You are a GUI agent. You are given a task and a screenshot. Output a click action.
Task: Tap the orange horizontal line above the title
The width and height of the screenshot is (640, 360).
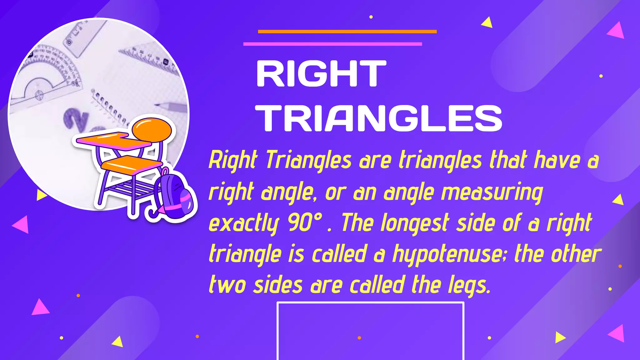(x=347, y=32)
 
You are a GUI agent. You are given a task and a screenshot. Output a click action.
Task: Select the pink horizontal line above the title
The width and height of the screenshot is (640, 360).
(x=332, y=44)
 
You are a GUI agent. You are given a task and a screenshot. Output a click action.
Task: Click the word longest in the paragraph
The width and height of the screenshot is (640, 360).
(x=415, y=223)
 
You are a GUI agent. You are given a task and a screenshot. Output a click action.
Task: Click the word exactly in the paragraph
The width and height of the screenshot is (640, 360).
(x=243, y=223)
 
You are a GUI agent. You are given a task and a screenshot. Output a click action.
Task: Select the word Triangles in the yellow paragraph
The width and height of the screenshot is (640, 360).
(x=309, y=160)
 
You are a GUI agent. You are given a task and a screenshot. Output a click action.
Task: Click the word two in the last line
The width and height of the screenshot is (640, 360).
(x=227, y=285)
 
